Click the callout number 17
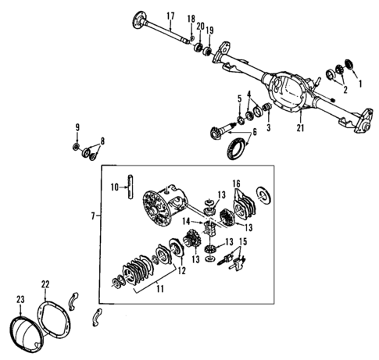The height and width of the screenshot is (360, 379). (170, 15)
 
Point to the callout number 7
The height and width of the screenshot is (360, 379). (93, 214)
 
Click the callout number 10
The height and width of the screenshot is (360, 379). (114, 187)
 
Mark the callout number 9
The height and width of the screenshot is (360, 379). (77, 127)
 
